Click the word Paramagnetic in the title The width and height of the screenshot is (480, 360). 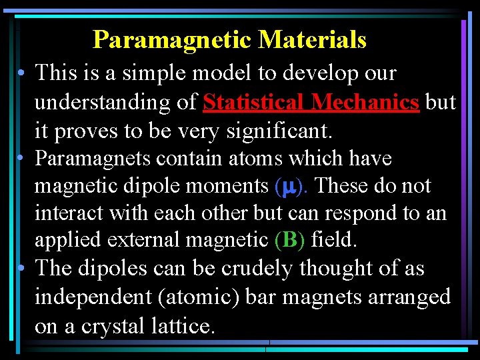coord(173,40)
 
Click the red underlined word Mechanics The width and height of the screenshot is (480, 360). coord(365,103)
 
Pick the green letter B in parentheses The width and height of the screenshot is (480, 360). coord(289,240)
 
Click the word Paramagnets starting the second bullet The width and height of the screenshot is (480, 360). coord(95,159)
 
